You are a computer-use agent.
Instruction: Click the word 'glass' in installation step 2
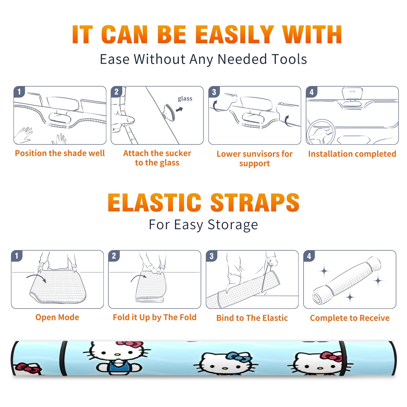185,99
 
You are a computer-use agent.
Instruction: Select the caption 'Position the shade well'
60,153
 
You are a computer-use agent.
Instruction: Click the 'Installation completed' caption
352,154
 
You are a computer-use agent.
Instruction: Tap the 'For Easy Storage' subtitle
203,225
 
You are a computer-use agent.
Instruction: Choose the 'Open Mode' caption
57,317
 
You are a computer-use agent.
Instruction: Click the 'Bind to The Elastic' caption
252,318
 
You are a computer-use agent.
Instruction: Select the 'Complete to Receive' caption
350,318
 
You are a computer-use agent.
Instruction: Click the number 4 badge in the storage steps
309,256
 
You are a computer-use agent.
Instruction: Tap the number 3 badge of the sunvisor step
214,92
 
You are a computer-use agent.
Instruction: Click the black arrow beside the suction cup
180,109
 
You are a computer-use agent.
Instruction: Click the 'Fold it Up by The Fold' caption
155,317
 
